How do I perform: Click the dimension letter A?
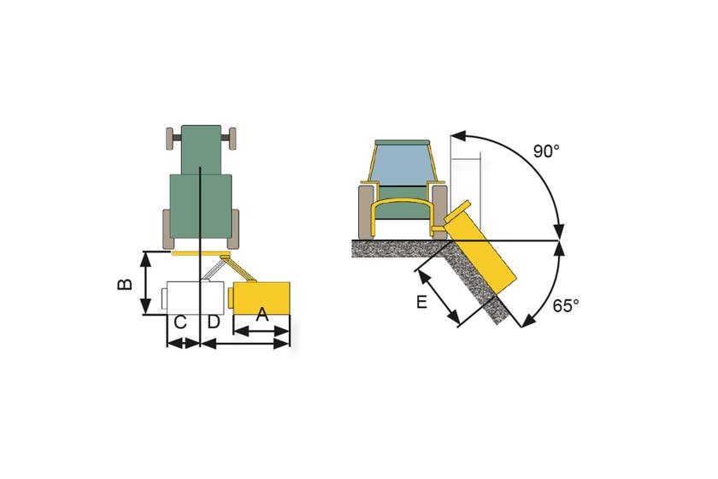[x=262, y=315]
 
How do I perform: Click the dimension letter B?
[x=125, y=284]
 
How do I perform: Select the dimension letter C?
[x=180, y=322]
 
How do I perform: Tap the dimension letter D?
[x=214, y=322]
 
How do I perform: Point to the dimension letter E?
[x=421, y=302]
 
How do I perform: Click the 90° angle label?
[x=546, y=151]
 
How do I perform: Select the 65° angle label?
[x=566, y=305]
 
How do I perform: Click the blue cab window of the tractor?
[x=402, y=163]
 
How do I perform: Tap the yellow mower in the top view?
[x=259, y=297]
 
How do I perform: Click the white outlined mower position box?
[x=192, y=298]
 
